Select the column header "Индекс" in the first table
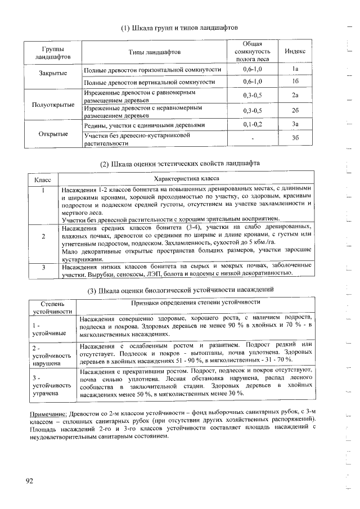[x=295, y=52]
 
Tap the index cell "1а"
[x=295, y=69]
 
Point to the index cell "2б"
[x=295, y=111]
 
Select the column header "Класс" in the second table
[x=43, y=179]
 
